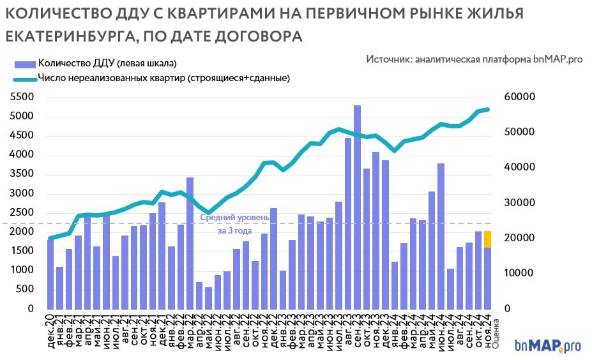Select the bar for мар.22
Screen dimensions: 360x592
190,243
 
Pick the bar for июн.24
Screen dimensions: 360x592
441,236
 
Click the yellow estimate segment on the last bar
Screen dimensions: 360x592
487,239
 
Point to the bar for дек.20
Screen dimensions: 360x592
50,274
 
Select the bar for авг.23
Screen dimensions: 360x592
348,223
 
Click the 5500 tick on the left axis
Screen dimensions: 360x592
21,97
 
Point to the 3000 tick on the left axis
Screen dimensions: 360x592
21,193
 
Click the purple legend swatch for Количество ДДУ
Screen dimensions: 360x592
24,63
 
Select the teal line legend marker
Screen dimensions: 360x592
24,79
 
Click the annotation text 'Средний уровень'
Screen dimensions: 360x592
234,218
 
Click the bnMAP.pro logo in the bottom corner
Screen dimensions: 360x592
547,345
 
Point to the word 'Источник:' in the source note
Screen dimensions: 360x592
388,59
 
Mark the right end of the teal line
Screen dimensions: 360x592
488,110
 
